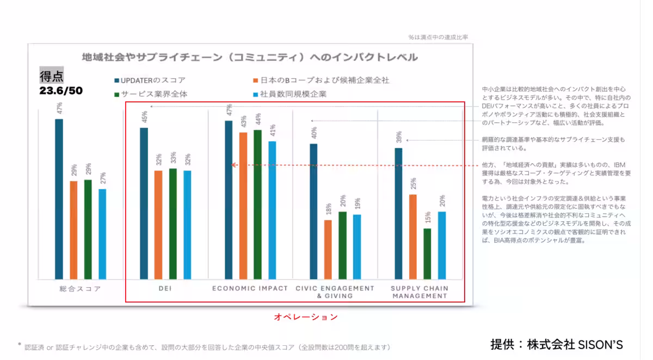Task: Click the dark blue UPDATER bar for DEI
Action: point(144,203)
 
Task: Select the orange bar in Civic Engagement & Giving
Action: point(328,249)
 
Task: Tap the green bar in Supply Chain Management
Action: point(427,253)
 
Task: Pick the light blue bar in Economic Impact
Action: point(272,210)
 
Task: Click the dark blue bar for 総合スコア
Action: point(59,198)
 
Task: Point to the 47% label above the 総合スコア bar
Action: point(59,109)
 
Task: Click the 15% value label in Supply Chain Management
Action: point(427,218)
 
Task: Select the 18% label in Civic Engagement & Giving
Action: point(328,210)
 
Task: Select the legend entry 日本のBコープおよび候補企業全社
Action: point(321,80)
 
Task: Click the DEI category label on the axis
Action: point(164,289)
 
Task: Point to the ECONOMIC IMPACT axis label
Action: point(250,288)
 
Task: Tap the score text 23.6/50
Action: point(61,90)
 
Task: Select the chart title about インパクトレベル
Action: point(250,57)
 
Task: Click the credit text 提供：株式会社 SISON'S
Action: point(556,344)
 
